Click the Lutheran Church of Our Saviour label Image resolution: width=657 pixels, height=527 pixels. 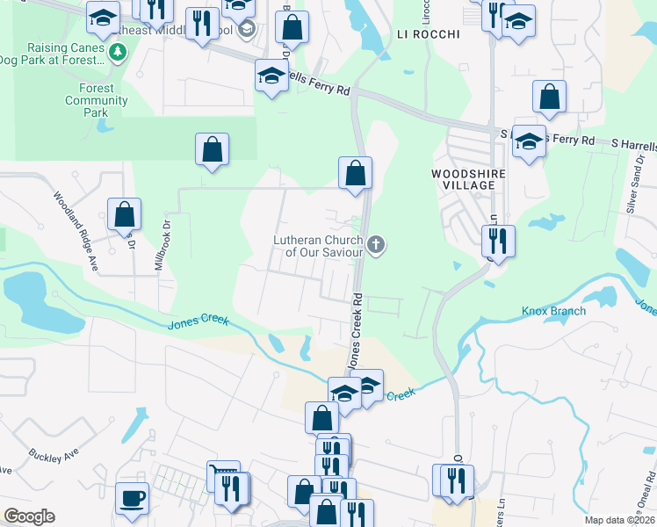coord(317,246)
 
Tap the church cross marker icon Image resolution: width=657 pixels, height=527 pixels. coord(377,244)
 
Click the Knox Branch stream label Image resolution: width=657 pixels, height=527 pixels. coord(552,311)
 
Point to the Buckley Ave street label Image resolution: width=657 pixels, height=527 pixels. coord(54,456)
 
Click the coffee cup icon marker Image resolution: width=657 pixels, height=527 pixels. coord(132,497)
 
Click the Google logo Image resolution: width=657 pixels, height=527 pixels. coord(28,516)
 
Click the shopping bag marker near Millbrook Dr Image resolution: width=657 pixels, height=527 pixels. coord(125,214)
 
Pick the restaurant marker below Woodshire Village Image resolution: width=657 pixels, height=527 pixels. coord(498,241)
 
